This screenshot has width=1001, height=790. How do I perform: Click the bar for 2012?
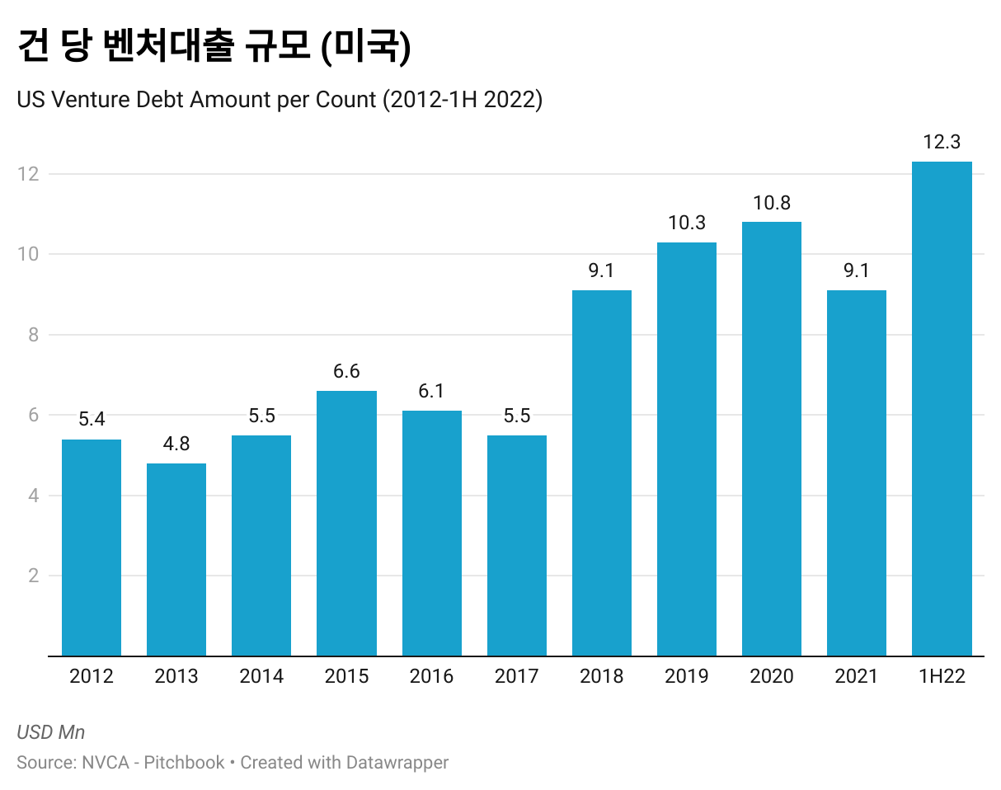[92, 548]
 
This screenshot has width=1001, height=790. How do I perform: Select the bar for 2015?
[346, 524]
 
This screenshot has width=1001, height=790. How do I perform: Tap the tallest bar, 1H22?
[942, 408]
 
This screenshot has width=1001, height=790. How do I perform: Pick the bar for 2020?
[772, 439]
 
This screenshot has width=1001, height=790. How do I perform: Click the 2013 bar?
[176, 560]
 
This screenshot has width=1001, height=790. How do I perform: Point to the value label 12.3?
[942, 142]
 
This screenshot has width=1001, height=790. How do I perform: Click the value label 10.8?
[772, 202]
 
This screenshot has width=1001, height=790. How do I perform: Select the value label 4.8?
[176, 444]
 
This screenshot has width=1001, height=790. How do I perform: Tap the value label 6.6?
[346, 371]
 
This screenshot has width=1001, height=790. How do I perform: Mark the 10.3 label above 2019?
[687, 223]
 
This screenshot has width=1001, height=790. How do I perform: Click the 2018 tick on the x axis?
[602, 677]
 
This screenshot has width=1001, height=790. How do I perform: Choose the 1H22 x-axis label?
[942, 677]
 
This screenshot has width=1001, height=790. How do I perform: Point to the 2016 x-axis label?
[432, 677]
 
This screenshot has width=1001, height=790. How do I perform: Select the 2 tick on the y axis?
[34, 576]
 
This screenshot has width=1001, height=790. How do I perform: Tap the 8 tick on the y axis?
[34, 335]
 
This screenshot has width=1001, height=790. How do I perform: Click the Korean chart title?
[214, 48]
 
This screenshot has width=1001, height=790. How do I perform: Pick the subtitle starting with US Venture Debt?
[280, 100]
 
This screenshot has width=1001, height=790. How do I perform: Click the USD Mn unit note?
[50, 732]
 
